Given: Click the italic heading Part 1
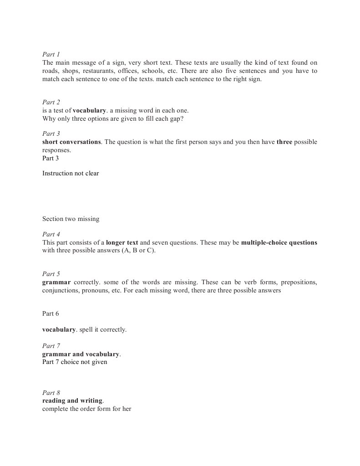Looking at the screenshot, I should pyautogui.click(x=51, y=55).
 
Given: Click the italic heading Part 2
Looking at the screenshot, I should pyautogui.click(x=51, y=102).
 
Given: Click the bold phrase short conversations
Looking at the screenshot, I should pyautogui.click(x=71, y=142).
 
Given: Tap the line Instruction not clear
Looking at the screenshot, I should pyautogui.click(x=71, y=174).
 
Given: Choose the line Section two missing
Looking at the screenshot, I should pyautogui.click(x=71, y=219).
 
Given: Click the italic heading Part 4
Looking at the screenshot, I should pyautogui.click(x=51, y=235).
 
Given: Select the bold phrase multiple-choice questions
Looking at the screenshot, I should pyautogui.click(x=279, y=243).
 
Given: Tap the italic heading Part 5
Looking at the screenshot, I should pyautogui.click(x=51, y=274).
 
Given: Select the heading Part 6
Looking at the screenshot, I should pyautogui.click(x=51, y=314).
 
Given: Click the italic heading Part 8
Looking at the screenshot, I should pyautogui.click(x=51, y=393).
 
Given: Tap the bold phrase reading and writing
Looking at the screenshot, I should pyautogui.click(x=72, y=401).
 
